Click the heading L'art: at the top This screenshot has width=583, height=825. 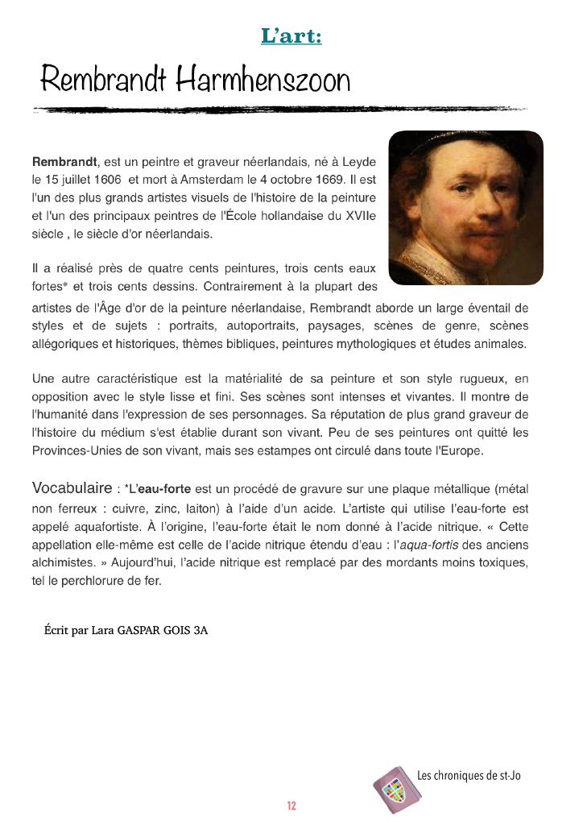[x=291, y=36]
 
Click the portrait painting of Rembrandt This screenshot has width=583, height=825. [x=465, y=208]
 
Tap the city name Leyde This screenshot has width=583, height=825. [x=359, y=161]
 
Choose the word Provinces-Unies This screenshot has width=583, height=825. [x=75, y=450]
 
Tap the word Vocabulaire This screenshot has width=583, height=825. [x=71, y=488]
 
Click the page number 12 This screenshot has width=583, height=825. [x=291, y=806]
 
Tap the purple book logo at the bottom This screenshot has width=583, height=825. [x=392, y=789]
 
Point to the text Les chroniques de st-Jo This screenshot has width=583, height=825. [x=469, y=776]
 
